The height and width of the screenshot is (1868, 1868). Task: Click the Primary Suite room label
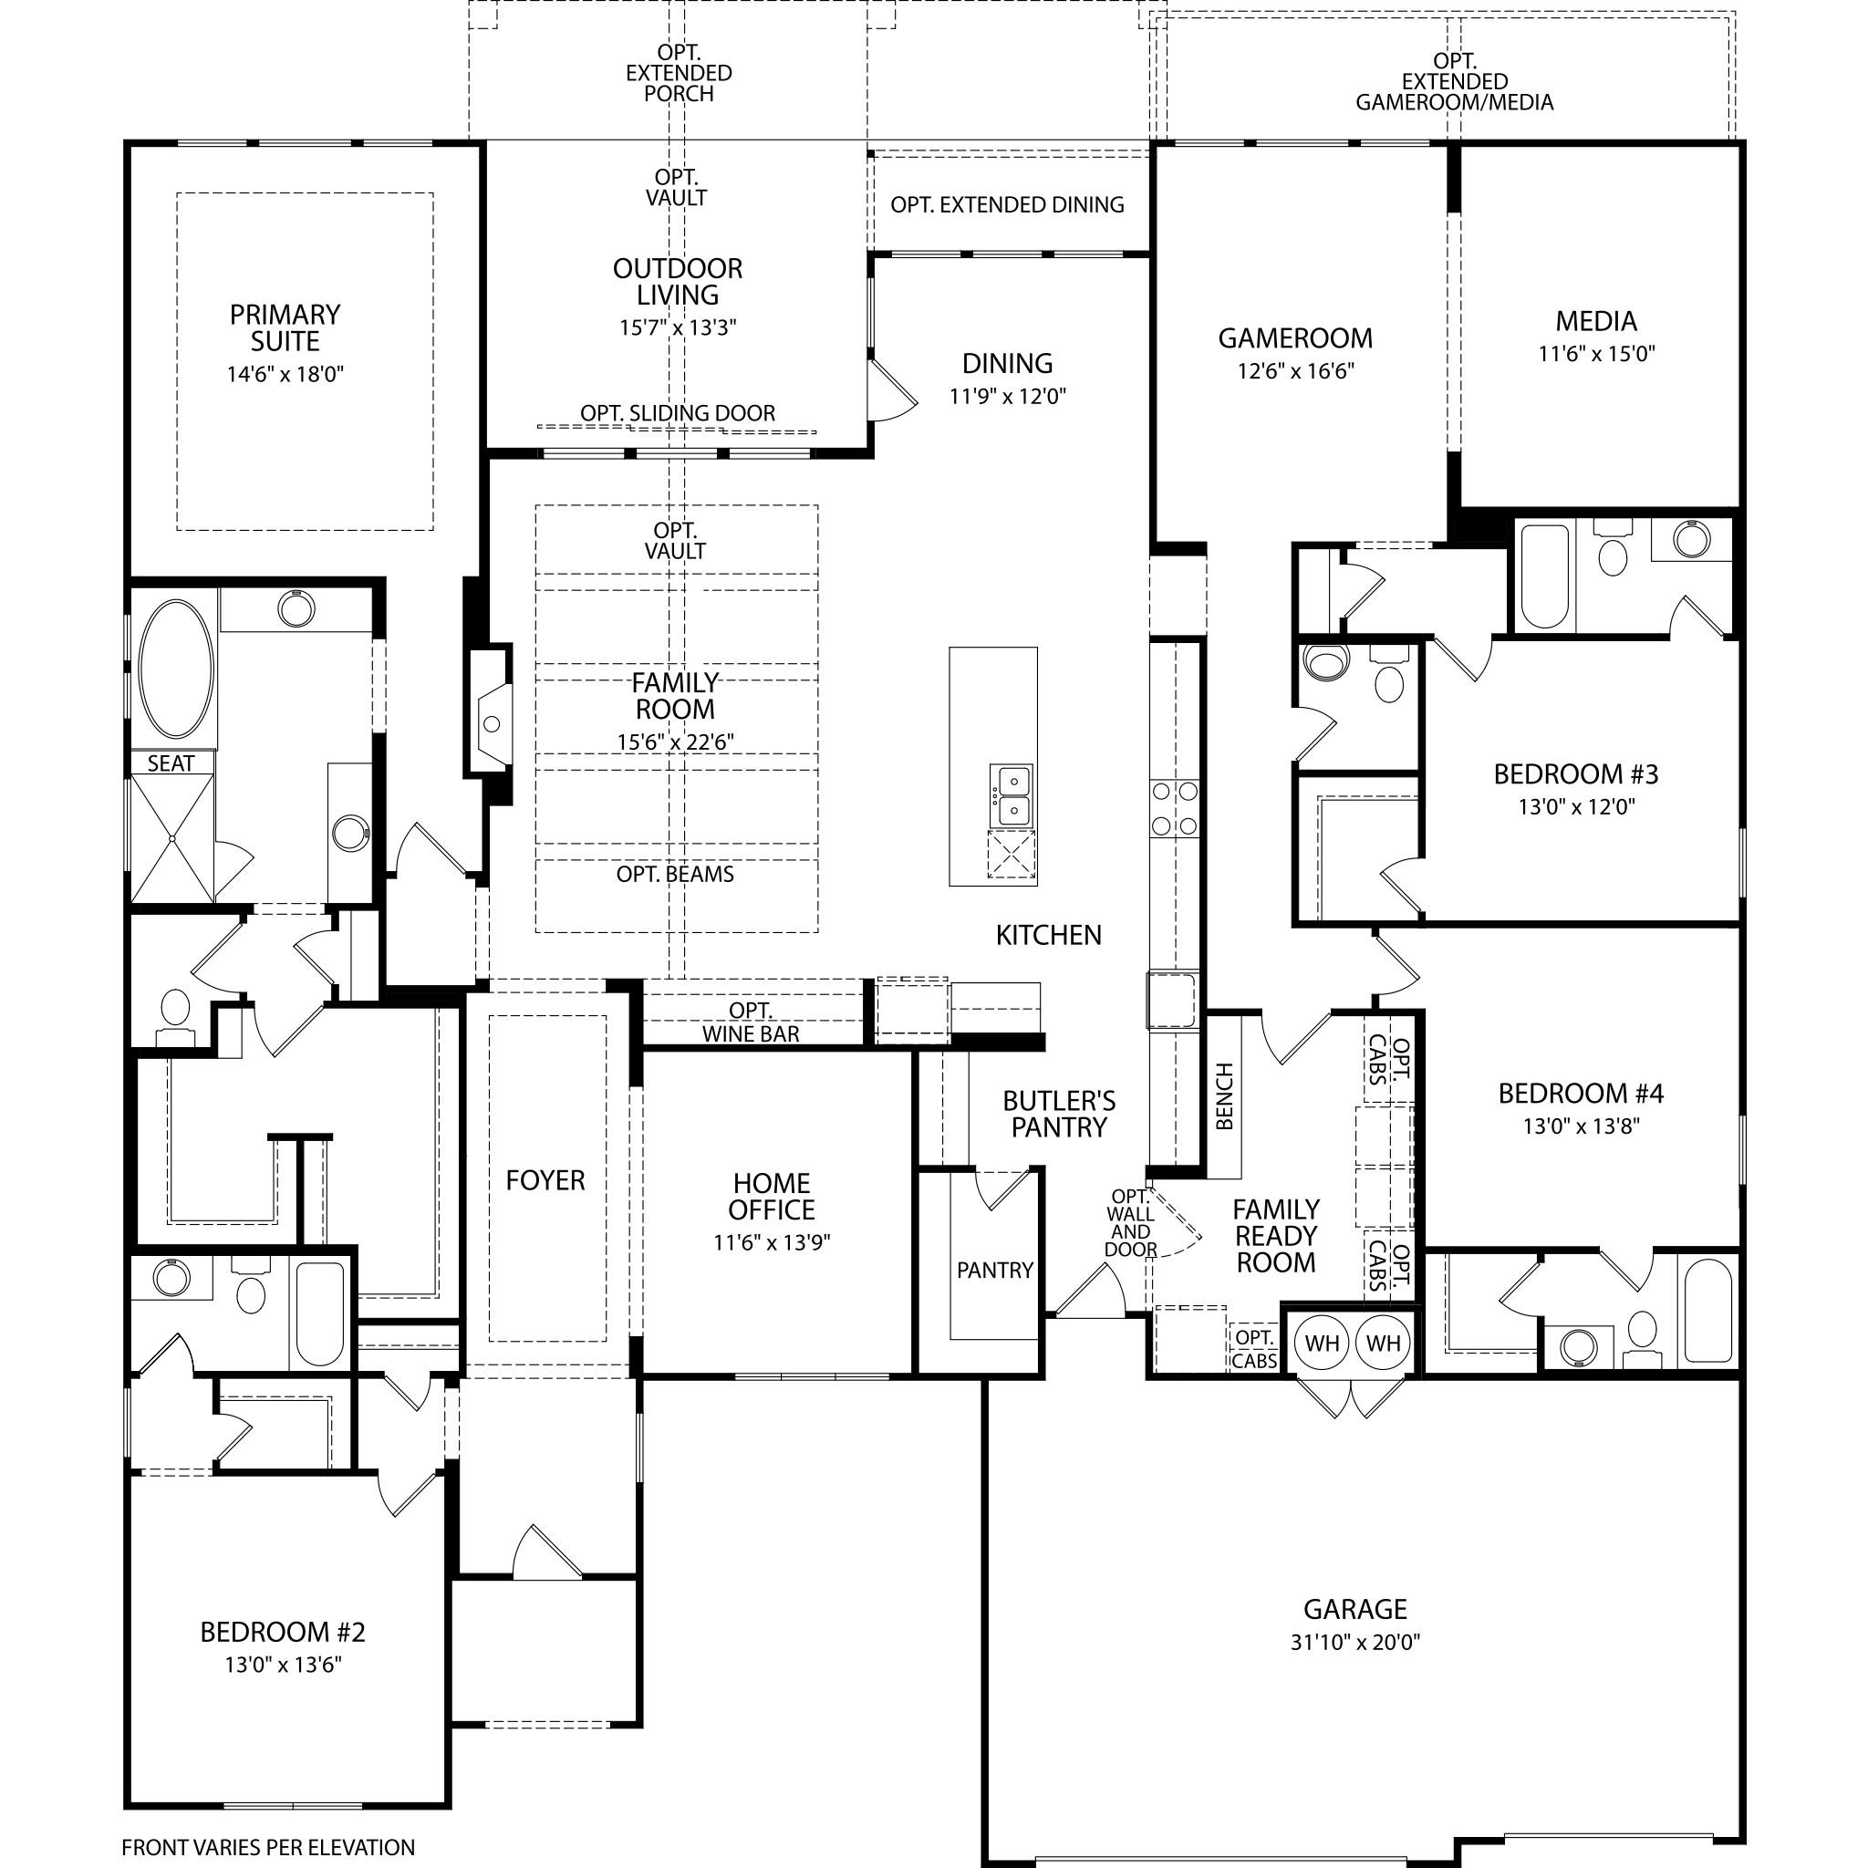pos(285,327)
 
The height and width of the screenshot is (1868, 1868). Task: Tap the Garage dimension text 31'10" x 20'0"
pos(1354,1642)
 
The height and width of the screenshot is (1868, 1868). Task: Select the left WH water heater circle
pos(1322,1343)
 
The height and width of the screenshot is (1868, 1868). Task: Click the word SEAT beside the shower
pos(171,763)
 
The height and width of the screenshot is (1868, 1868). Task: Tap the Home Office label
pos(772,1197)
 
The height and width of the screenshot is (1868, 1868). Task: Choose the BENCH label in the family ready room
pos(1224,1096)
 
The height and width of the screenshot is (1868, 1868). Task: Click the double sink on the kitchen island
pos(1012,794)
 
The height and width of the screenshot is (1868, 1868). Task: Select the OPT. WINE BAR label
pos(752,1022)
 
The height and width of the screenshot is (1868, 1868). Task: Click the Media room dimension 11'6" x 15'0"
pos(1596,354)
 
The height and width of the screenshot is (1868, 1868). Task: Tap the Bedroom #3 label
pos(1576,773)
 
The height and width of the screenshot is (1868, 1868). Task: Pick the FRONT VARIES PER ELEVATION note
pos(268,1848)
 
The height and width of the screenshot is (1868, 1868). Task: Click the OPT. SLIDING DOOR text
pos(678,413)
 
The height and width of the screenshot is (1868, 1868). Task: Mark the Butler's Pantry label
pos(1059,1114)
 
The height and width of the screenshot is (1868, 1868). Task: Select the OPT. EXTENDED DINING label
pos(1008,205)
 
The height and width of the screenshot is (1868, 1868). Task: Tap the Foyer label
pos(545,1179)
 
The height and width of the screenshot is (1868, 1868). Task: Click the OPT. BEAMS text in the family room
pos(675,874)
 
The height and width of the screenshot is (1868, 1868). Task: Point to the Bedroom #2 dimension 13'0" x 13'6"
pos(283,1665)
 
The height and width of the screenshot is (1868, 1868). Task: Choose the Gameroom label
pos(1294,338)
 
